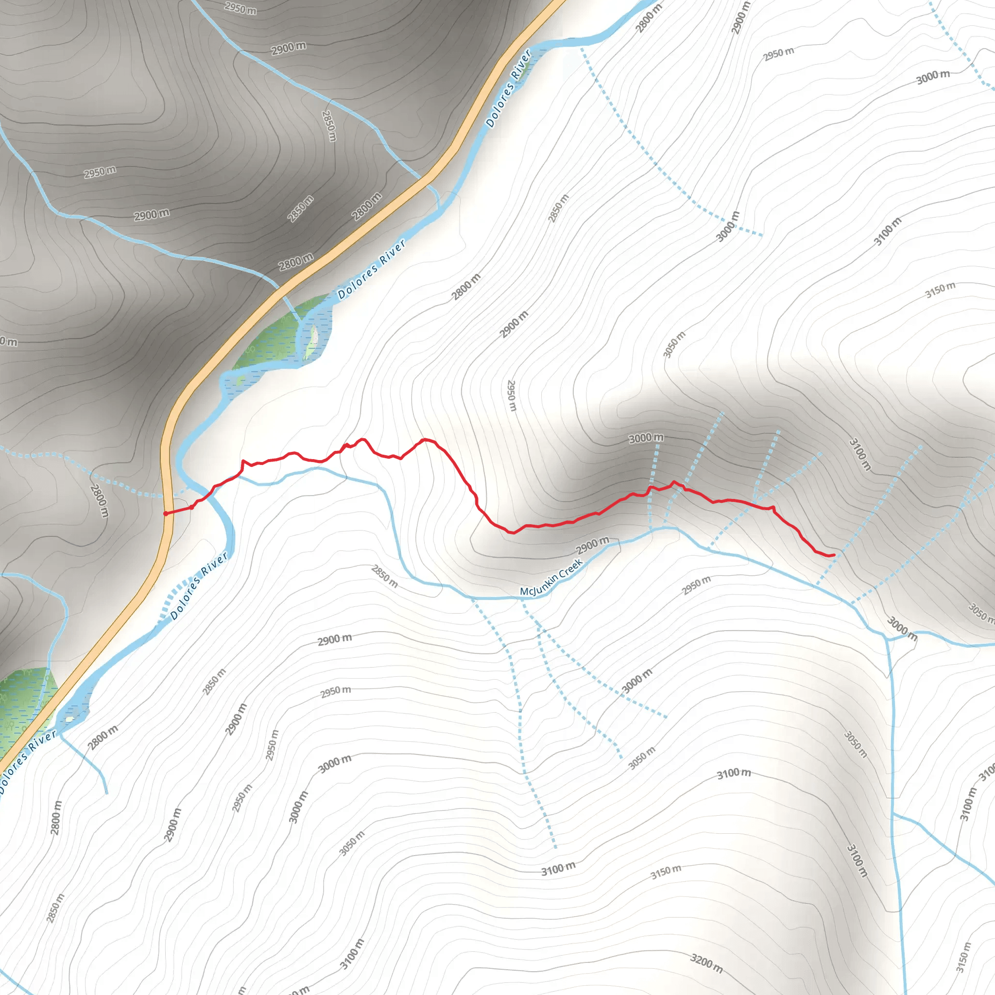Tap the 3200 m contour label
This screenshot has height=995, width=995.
[706, 962]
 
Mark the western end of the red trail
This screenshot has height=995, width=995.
[165, 514]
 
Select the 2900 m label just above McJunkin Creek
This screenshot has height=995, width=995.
[592, 545]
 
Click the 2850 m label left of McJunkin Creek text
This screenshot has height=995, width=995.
[385, 576]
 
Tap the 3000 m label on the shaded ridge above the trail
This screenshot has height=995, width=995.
[646, 438]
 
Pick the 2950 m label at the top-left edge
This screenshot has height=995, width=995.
[240, 8]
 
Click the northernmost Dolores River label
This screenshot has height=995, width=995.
[508, 88]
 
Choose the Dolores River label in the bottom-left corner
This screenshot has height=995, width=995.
[27, 755]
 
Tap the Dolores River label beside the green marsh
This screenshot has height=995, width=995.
[371, 269]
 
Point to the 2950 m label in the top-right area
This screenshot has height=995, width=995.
[778, 53]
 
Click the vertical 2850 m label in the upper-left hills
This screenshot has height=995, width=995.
[328, 126]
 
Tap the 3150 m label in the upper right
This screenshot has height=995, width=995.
[940, 290]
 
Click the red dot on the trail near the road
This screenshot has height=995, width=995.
[191, 507]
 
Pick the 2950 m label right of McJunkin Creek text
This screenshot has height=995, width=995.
[696, 585]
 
